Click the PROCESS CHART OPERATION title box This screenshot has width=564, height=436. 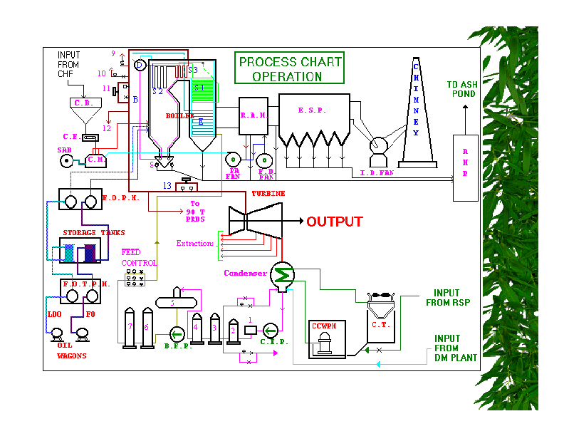pyautogui.click(x=290, y=68)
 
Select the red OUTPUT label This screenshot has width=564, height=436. pyautogui.click(x=335, y=222)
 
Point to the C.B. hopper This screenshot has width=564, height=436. pyautogui.click(x=85, y=104)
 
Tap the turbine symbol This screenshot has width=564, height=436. pyautogui.click(x=255, y=220)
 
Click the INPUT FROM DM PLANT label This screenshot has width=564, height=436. pyautogui.click(x=456, y=348)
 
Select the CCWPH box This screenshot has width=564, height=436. pyautogui.click(x=328, y=338)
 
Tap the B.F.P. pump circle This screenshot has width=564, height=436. pyautogui.click(x=176, y=333)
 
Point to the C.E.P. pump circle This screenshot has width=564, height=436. pyautogui.click(x=271, y=331)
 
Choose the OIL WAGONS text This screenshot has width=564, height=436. pyautogui.click(x=71, y=351)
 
